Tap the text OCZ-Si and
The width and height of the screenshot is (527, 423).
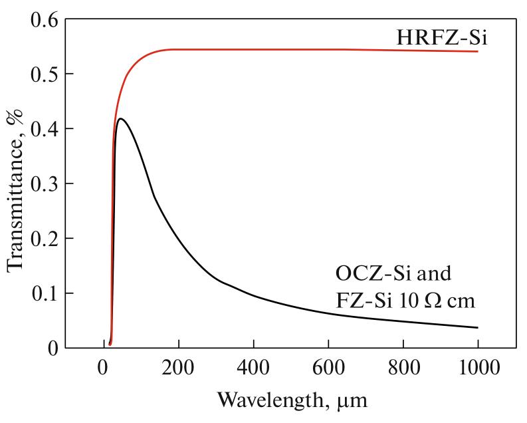point(384,273)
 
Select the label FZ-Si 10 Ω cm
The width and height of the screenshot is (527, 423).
point(404,301)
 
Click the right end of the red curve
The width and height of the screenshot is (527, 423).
point(478,51)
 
